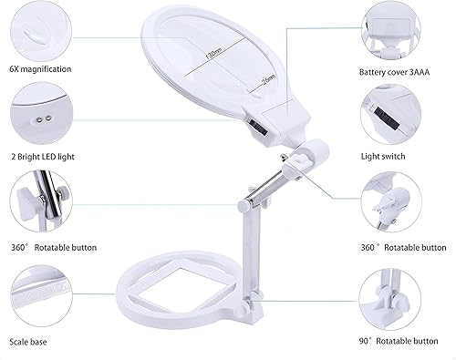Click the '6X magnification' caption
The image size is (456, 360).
point(41,69)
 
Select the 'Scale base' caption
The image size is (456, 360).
point(30,342)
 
